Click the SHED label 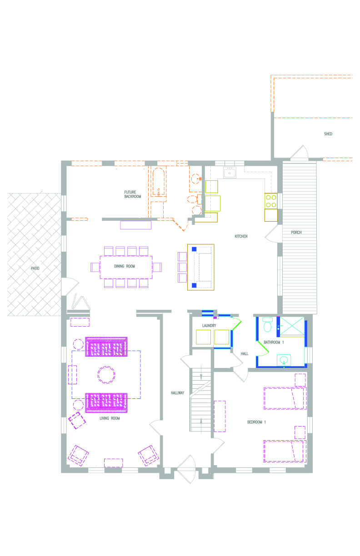[x=328, y=134]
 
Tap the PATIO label [x=35, y=268]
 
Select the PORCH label [x=296, y=232]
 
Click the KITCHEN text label [x=241, y=236]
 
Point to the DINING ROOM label [x=125, y=266]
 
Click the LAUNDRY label [x=209, y=325]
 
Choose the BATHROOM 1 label [x=274, y=343]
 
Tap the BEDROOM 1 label [x=256, y=422]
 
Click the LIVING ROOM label [x=110, y=418]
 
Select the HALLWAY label [x=177, y=392]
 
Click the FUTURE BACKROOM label [x=132, y=194]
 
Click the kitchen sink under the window [x=230, y=173]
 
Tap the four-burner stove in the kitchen [x=271, y=201]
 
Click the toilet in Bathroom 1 [x=268, y=325]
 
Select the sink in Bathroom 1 [x=284, y=360]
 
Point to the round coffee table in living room [x=106, y=375]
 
